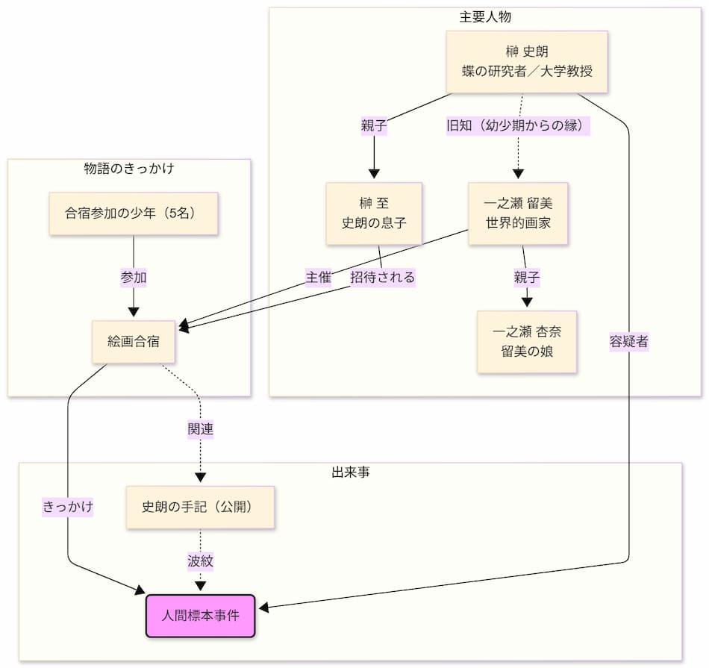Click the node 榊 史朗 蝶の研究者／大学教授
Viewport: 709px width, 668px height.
tap(527, 62)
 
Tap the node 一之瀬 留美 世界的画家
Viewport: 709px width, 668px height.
tap(518, 213)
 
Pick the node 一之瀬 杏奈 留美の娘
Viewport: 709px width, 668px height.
tap(527, 341)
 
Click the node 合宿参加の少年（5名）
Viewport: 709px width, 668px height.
tap(134, 213)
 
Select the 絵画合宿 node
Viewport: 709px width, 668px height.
tap(134, 342)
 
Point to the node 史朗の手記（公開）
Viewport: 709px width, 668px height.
tap(200, 507)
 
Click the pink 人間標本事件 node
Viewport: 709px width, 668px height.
tap(200, 616)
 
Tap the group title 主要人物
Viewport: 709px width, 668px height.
tap(485, 16)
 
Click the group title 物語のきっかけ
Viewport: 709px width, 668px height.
tap(129, 168)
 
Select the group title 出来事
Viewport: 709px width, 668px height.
tap(350, 472)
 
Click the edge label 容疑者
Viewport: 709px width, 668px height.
tap(628, 342)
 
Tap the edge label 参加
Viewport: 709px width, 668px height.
tap(134, 278)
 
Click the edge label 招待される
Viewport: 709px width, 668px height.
tap(383, 278)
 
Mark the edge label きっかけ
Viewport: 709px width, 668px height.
tap(68, 507)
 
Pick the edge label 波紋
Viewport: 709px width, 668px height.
tap(200, 561)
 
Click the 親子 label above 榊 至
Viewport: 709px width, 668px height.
tap(375, 126)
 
